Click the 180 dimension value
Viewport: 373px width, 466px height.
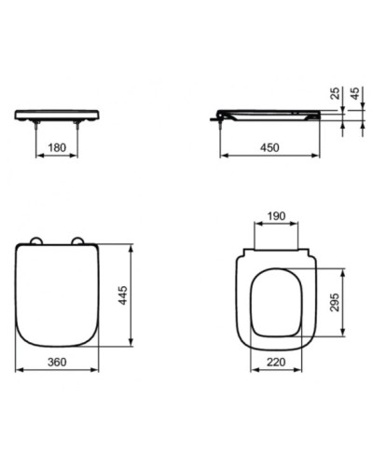click(x=55, y=147)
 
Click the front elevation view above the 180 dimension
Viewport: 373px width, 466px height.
click(x=55, y=114)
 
